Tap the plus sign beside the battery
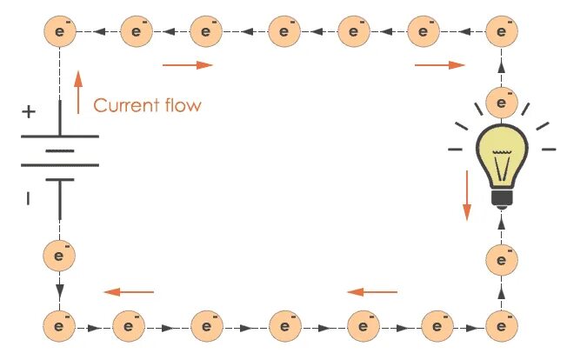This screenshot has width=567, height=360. point(29,112)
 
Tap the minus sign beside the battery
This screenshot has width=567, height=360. point(28,199)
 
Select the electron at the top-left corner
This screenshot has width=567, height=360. point(60,32)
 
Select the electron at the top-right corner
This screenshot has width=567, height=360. point(500,32)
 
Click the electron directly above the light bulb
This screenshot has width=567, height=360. point(500,100)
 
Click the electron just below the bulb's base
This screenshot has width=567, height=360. point(500,258)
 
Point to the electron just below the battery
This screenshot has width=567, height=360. point(60,257)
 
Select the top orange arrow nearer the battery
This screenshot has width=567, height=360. point(187,65)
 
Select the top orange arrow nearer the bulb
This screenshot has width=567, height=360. point(439,65)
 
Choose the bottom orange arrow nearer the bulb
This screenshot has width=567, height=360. point(371,292)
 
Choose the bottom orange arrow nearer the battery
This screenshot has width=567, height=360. point(129,292)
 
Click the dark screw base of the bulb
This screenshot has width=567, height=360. point(500,199)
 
